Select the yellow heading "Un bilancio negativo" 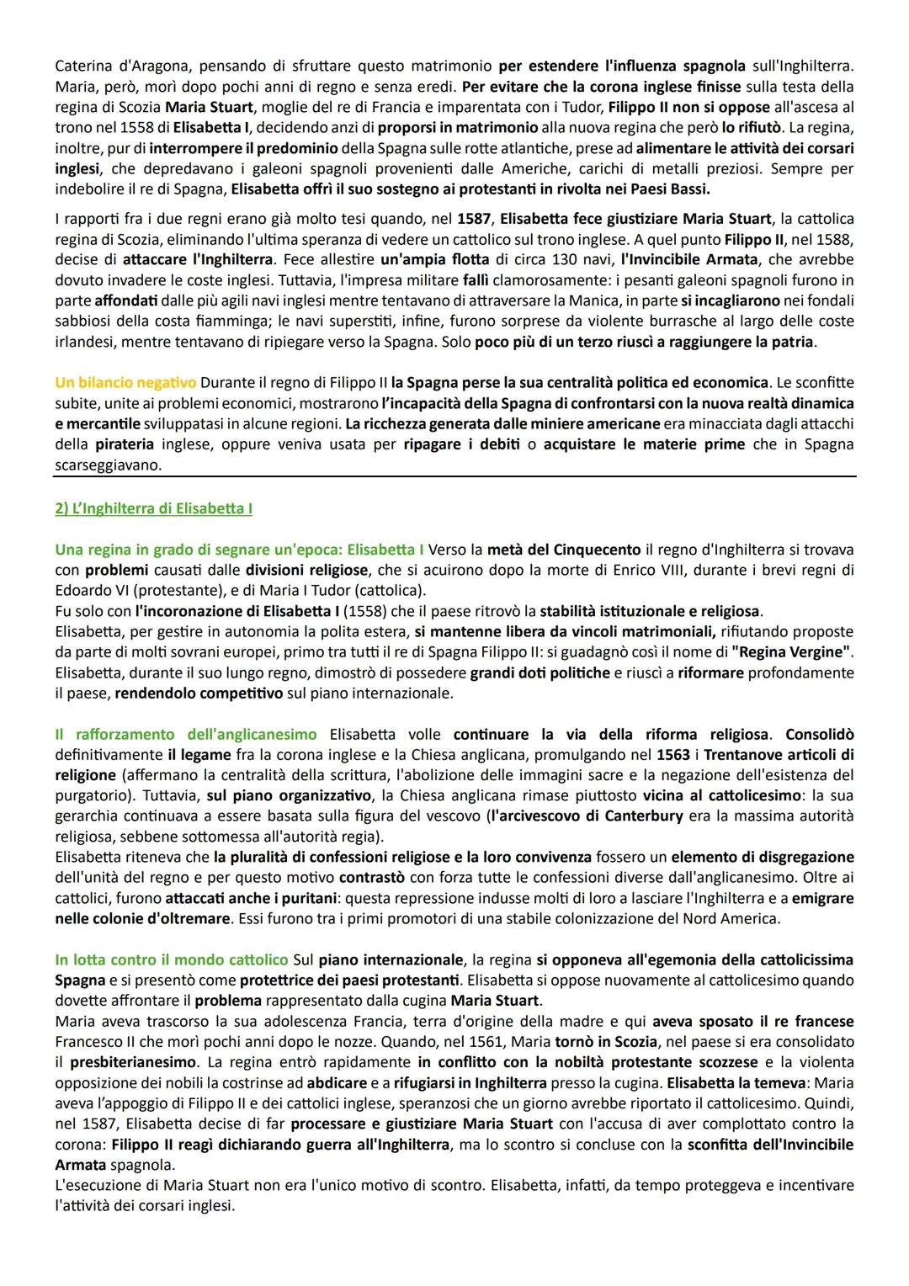pos(125,383)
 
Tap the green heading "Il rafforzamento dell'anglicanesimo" pos(185,734)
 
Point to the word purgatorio pos(91,795)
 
